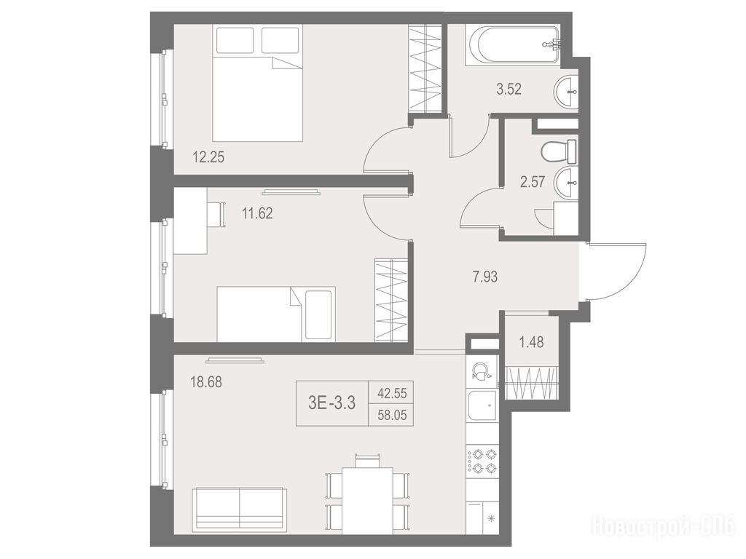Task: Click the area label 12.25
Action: click(208, 157)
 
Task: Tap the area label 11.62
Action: click(257, 213)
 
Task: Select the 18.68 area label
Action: click(206, 381)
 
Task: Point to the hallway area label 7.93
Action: click(485, 277)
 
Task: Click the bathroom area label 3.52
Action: click(509, 89)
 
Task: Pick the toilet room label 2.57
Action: click(533, 182)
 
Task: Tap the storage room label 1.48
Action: click(531, 342)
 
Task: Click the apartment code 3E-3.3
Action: click(331, 403)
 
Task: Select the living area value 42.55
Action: click(392, 394)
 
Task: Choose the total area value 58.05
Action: click(392, 416)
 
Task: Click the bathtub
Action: click(514, 45)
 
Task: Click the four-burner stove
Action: click(482, 461)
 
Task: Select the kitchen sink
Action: click(482, 405)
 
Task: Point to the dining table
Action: click(367, 500)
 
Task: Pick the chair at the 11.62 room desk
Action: click(216, 215)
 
